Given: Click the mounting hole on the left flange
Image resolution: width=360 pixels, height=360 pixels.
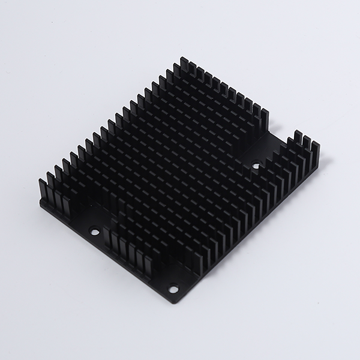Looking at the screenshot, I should [94, 230].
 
